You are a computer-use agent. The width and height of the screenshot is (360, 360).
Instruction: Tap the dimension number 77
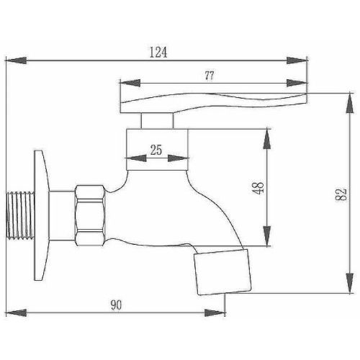(210, 73)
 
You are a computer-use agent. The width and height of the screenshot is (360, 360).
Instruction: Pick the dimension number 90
(116, 305)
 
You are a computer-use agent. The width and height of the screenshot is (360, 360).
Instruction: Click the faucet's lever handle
(216, 101)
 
